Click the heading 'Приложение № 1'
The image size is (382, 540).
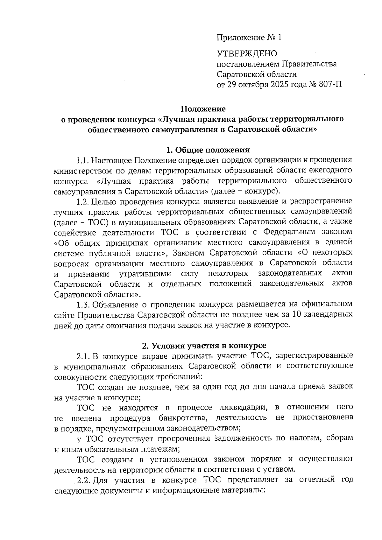point(249,38)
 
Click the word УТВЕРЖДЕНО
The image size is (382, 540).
point(247,53)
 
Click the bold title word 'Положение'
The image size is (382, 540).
point(203,109)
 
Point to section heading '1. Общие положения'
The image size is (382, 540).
point(208,150)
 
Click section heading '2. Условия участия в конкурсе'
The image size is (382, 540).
point(204,346)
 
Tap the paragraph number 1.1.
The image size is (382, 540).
point(83,160)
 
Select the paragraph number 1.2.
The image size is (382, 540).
point(83,201)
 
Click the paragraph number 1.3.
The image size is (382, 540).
point(83,304)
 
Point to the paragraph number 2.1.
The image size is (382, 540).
point(83,356)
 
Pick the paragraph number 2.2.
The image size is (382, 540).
point(83,480)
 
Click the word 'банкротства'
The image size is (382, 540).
point(183,417)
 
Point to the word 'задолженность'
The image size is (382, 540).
point(243,438)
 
